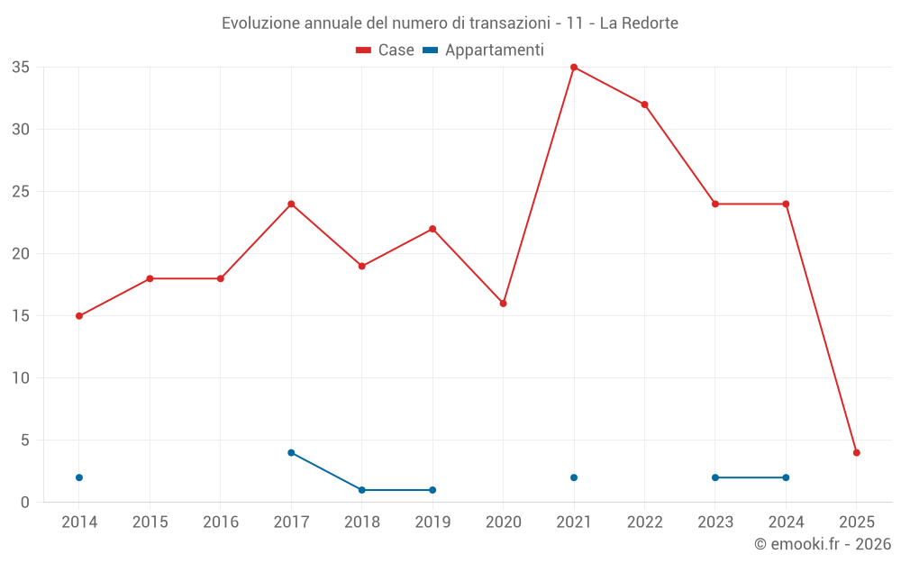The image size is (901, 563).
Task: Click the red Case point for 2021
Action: tap(574, 68)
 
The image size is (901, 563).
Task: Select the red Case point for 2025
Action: tap(857, 453)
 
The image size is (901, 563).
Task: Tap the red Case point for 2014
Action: tap(79, 316)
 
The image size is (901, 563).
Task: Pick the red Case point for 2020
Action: tap(504, 304)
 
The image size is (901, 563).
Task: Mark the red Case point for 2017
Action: tap(291, 204)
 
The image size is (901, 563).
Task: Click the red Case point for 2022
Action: tap(644, 104)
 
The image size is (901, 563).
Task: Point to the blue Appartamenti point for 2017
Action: tap(291, 453)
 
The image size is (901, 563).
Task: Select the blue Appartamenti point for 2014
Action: tap(79, 477)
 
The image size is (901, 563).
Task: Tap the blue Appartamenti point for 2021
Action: tap(574, 477)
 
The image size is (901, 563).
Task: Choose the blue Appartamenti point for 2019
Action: tap(432, 490)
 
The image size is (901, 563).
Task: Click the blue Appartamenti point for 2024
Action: tap(786, 477)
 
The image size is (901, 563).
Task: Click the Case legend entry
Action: tap(385, 50)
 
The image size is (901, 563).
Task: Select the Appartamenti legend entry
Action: tap(484, 50)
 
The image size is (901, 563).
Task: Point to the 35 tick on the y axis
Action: tap(21, 68)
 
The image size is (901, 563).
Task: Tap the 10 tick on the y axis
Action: tap(21, 378)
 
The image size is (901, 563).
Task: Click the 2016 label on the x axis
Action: tap(221, 522)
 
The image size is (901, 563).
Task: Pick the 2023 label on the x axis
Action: tap(715, 522)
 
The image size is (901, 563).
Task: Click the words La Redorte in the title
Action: tap(639, 23)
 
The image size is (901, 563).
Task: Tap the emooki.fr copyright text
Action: tap(823, 544)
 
